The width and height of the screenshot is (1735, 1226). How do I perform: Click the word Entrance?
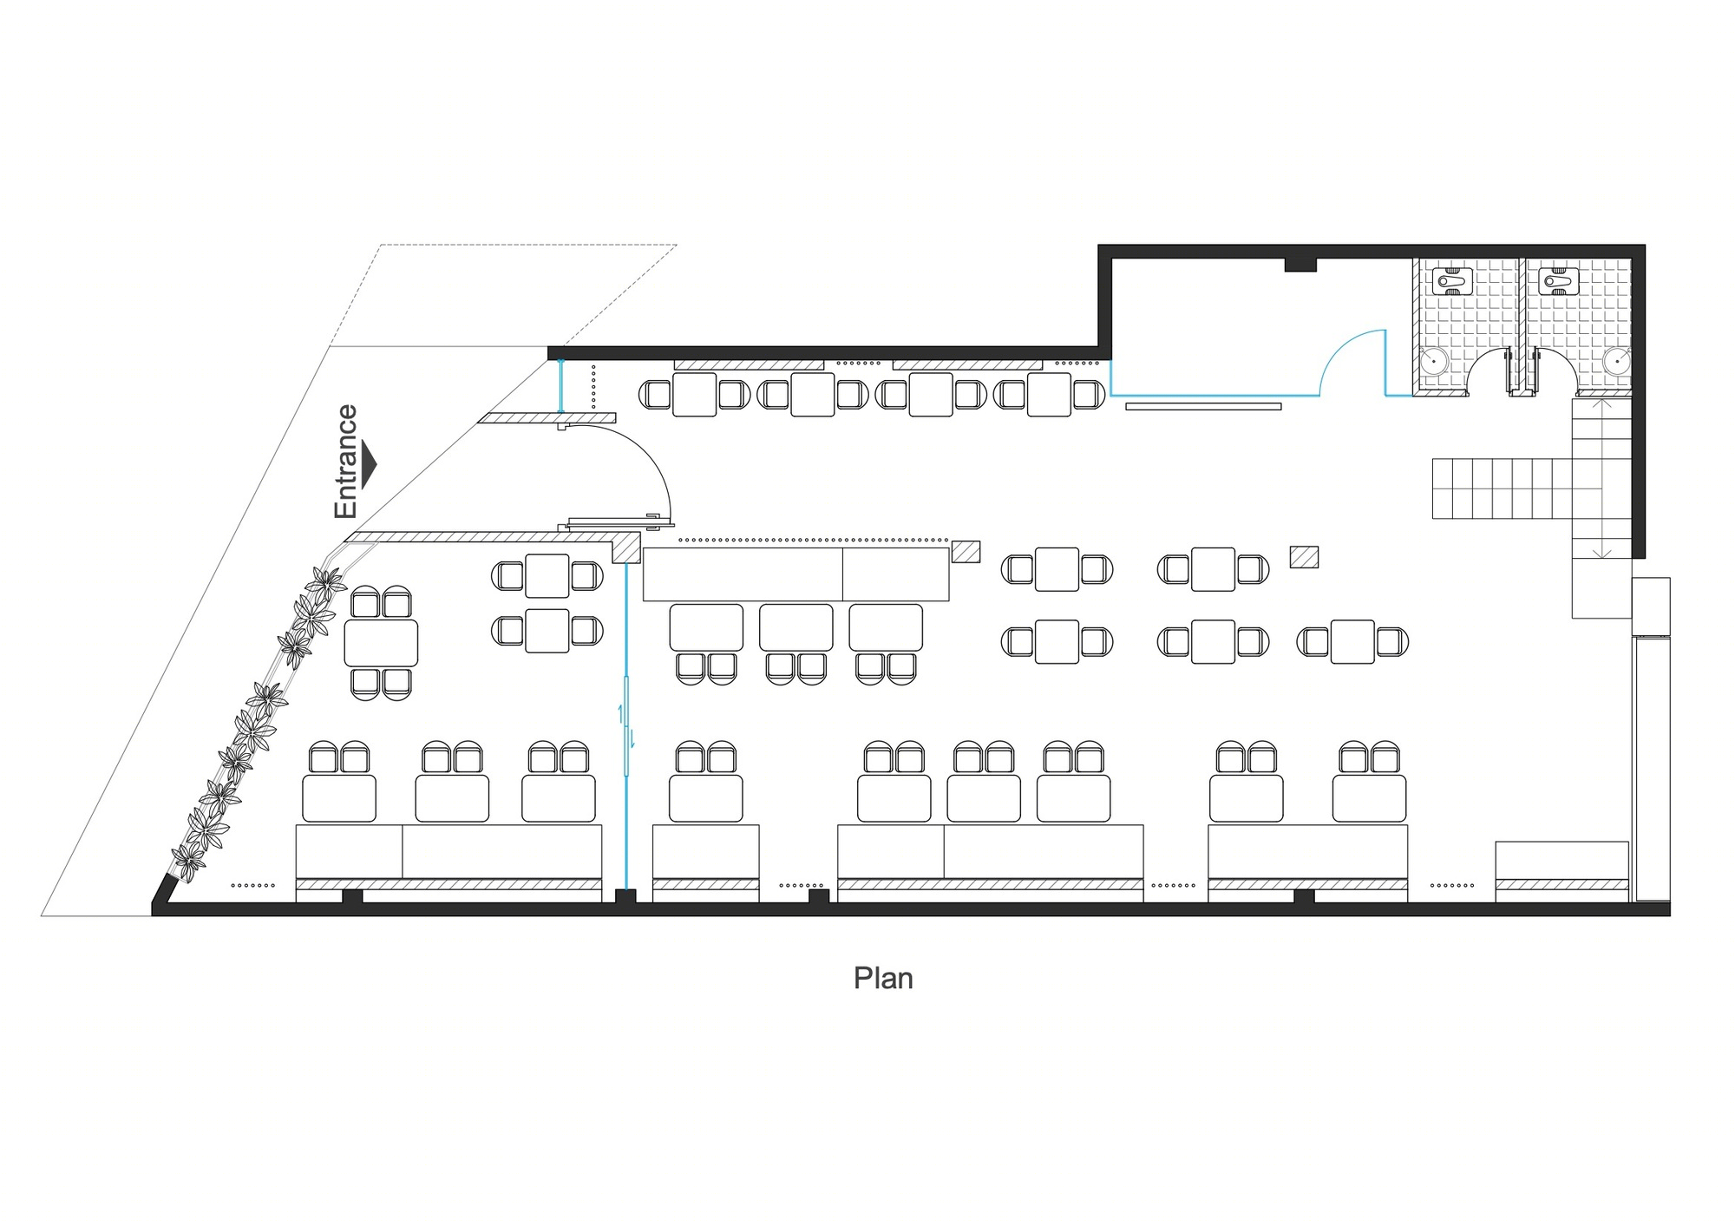click(x=345, y=462)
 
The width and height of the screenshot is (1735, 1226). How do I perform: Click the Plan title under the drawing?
click(x=883, y=979)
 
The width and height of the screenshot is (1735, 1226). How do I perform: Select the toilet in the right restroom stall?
click(x=1558, y=282)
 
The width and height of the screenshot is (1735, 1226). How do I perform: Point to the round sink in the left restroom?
click(x=1435, y=360)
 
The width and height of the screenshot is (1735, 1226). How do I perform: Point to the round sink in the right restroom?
click(x=1616, y=360)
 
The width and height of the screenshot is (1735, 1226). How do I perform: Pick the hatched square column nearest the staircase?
click(x=1304, y=556)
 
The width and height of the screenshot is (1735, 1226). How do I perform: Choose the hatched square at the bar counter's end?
click(x=966, y=552)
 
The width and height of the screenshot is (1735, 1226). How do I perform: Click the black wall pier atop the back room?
click(x=1300, y=265)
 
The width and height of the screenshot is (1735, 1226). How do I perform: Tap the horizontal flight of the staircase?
click(x=1502, y=488)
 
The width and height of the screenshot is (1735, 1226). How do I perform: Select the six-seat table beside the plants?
click(x=381, y=642)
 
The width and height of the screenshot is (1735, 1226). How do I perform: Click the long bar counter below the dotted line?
click(x=795, y=574)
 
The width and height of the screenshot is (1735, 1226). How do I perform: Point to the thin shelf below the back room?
click(x=1203, y=406)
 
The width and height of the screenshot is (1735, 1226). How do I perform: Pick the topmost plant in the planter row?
click(x=326, y=581)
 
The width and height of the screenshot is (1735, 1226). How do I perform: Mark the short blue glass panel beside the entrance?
click(x=560, y=387)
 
